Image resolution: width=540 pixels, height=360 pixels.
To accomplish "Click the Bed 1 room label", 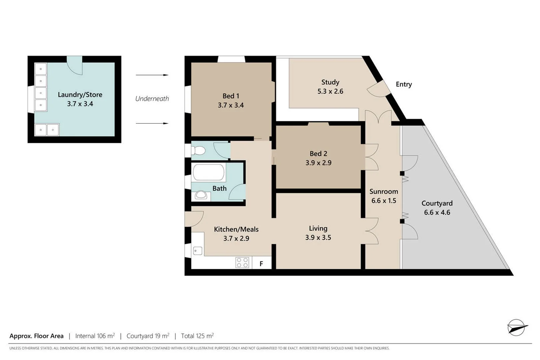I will tap(231, 96).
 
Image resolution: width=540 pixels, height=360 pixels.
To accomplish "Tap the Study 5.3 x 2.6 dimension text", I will tap(330, 91).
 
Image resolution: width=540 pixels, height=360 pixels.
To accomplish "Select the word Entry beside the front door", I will tap(404, 84).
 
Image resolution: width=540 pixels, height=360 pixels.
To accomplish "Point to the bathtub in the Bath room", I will tap(209, 172).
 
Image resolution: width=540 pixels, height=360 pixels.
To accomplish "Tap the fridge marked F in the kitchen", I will tap(261, 263).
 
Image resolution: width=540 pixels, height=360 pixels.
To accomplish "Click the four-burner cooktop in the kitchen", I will tap(242, 262).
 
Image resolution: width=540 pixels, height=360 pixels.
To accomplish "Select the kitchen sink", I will tap(198, 250).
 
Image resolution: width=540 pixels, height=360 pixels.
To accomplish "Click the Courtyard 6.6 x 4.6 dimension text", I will tap(437, 212).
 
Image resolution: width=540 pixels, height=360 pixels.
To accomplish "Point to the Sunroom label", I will tap(383, 192).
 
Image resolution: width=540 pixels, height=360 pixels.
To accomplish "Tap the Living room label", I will tap(318, 228).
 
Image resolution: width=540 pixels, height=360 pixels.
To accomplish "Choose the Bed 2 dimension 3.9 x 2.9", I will tap(318, 163).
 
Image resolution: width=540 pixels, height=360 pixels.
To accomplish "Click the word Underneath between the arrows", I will tap(152, 99).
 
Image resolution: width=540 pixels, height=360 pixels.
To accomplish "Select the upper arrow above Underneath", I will tap(152, 75).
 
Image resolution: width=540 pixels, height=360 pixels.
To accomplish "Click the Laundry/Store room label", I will tap(80, 95).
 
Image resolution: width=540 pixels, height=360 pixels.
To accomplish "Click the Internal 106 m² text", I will tap(95, 336).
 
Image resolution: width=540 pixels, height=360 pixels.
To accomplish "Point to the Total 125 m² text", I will tap(197, 336).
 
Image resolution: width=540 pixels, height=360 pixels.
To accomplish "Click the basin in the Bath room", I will tap(201, 195).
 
